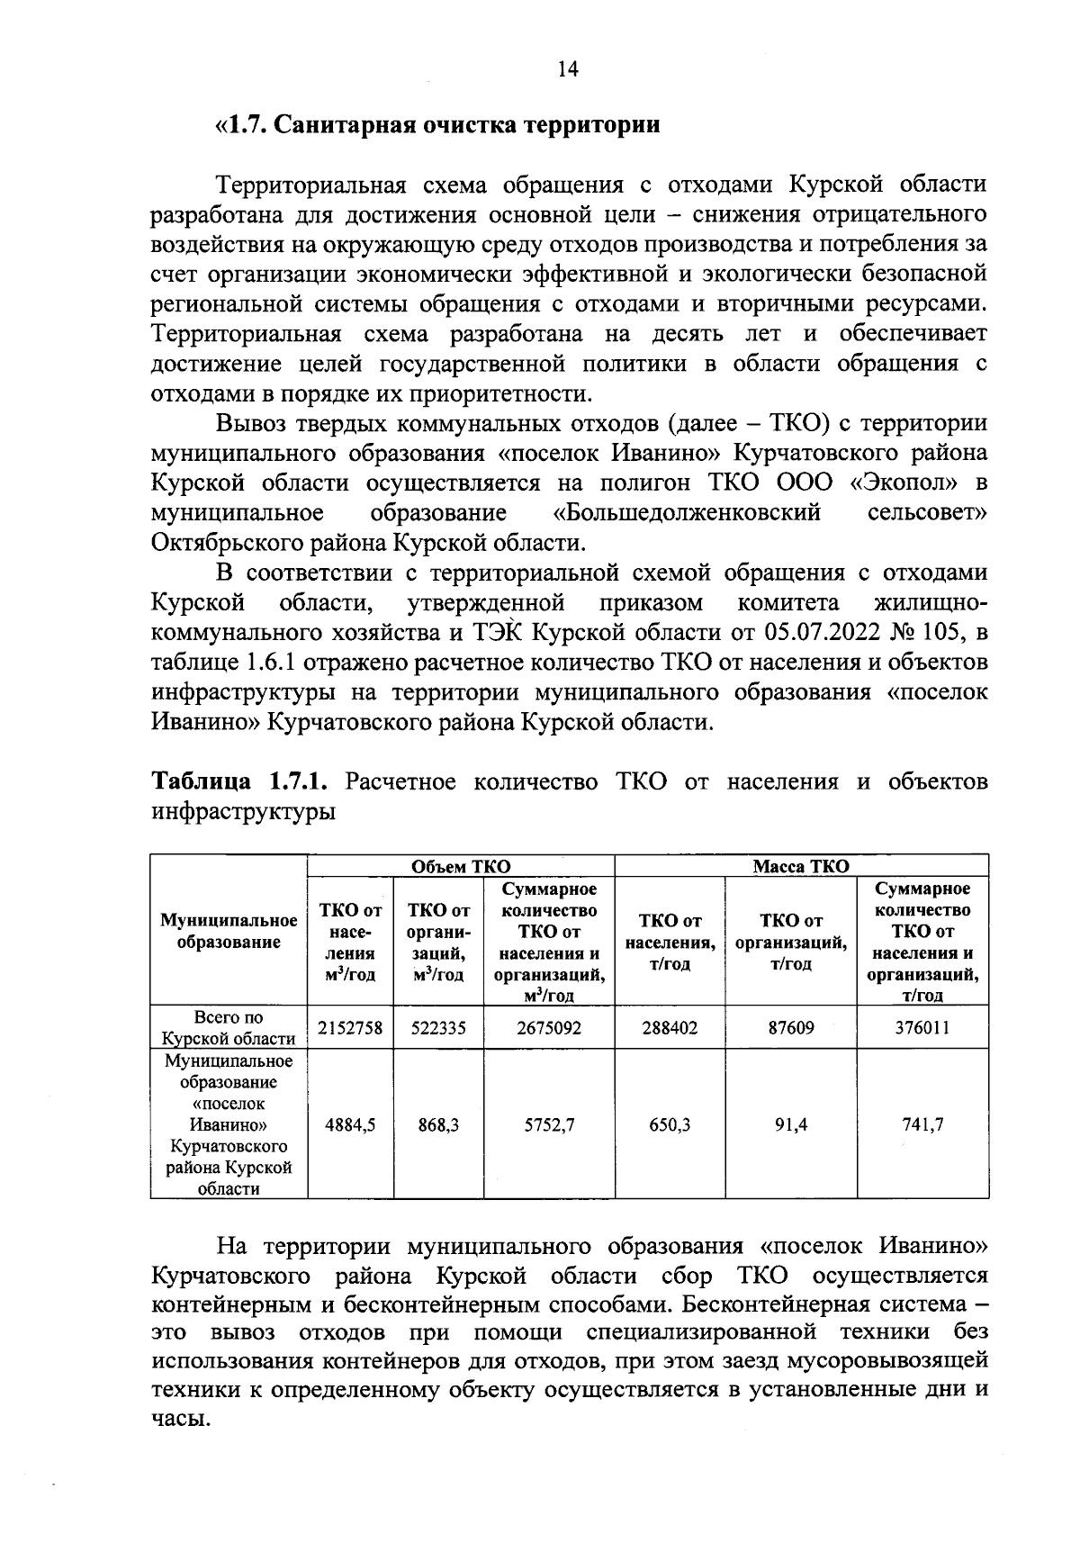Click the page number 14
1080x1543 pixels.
coord(568,69)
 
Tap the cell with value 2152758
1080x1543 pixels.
coord(351,1027)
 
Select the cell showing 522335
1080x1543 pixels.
coord(438,1027)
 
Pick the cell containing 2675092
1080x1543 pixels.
coord(548,1027)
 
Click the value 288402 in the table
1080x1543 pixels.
coord(670,1027)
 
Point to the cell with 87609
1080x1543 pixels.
coord(791,1027)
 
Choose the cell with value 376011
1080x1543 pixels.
coord(922,1027)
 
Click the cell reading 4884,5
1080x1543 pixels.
coord(351,1124)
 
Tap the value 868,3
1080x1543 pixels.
coord(438,1124)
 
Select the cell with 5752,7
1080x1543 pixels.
coord(548,1124)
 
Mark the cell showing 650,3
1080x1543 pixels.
coord(670,1124)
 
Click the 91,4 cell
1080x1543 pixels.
coord(791,1124)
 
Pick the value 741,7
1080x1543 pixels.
coord(922,1124)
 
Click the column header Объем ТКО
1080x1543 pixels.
coord(460,866)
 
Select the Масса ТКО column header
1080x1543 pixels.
coord(800,866)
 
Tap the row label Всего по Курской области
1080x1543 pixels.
coord(229,1027)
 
